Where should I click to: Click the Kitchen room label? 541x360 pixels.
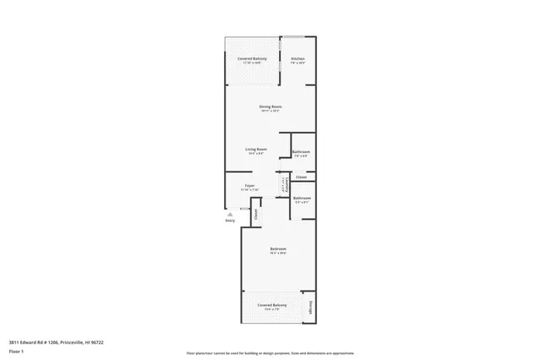click(298, 58)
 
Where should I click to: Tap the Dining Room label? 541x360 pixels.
click(270, 106)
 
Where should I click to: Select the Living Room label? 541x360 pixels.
click(256, 149)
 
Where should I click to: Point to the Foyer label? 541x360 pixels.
click(250, 185)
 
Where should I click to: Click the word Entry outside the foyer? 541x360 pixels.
click(230, 221)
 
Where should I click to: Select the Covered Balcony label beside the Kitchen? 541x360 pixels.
click(252, 58)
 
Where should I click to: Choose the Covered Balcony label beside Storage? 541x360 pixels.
click(272, 304)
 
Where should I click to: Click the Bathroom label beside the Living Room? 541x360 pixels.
click(301, 152)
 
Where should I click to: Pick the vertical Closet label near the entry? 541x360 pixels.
click(256, 213)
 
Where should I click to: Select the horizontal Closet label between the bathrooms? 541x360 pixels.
click(301, 177)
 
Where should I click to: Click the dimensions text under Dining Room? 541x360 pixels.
click(270, 111)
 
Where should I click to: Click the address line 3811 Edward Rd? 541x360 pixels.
click(56, 342)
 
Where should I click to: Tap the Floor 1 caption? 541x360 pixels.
click(17, 351)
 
